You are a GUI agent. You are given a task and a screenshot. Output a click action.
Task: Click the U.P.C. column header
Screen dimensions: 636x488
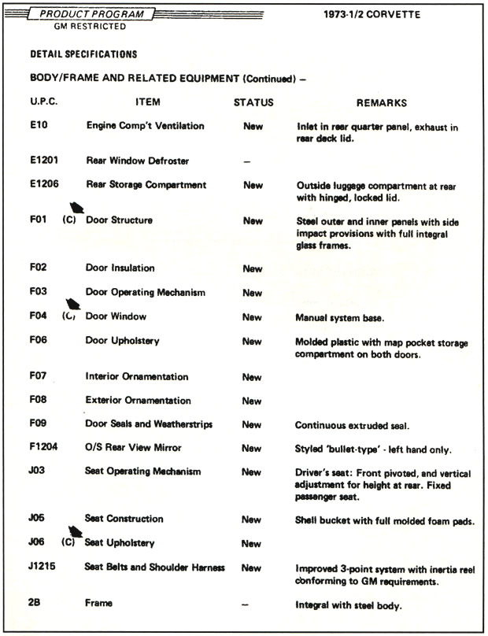coord(44,102)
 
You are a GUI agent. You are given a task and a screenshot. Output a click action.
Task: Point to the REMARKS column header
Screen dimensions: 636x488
coord(382,102)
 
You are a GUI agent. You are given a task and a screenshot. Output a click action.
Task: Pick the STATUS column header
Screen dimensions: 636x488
coord(253,102)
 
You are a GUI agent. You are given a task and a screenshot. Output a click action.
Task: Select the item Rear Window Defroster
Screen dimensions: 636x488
coord(137,161)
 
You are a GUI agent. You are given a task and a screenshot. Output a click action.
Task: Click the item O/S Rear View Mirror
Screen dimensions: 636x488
coord(134,447)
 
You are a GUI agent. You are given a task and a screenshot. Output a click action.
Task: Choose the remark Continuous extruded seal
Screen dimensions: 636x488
coord(352,425)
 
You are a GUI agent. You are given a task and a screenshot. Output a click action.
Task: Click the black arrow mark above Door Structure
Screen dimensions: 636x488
coord(77,209)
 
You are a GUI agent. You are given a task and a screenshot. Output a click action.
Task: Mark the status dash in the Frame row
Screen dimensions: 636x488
coord(247,604)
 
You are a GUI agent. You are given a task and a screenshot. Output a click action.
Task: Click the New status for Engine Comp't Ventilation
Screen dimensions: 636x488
coord(253,126)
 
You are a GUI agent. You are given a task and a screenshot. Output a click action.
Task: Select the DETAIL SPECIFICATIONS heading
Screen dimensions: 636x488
coord(83,54)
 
